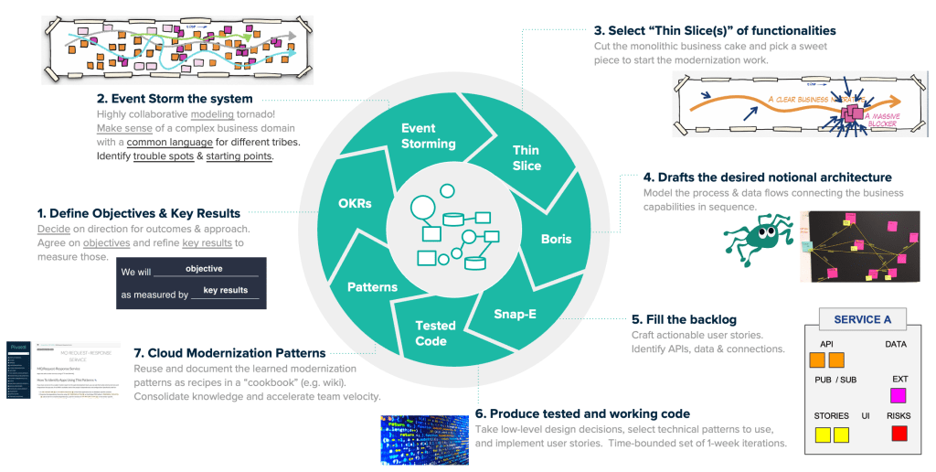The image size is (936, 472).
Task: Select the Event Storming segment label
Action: tap(429, 135)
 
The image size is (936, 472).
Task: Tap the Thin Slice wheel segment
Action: tap(526, 157)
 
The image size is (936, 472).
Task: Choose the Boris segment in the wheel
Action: tap(556, 239)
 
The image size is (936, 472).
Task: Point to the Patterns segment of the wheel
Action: tap(372, 287)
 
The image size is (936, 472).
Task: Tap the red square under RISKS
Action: tap(899, 433)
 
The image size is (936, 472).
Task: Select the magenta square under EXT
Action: tap(899, 395)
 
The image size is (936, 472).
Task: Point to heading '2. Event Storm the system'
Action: tap(175, 99)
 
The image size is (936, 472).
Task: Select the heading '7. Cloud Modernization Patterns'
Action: tap(229, 353)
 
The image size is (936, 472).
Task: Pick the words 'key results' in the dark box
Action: tap(225, 290)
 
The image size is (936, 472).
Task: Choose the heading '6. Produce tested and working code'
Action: tap(582, 414)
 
